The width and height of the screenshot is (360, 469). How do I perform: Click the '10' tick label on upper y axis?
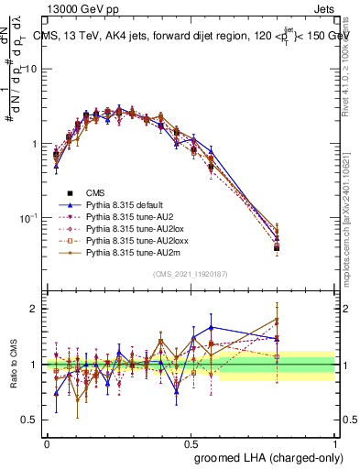[29, 70]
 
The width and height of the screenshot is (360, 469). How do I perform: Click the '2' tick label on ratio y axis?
[33, 309]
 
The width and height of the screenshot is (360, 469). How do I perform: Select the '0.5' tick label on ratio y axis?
[28, 420]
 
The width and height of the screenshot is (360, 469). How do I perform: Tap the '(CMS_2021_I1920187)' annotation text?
[190, 275]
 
